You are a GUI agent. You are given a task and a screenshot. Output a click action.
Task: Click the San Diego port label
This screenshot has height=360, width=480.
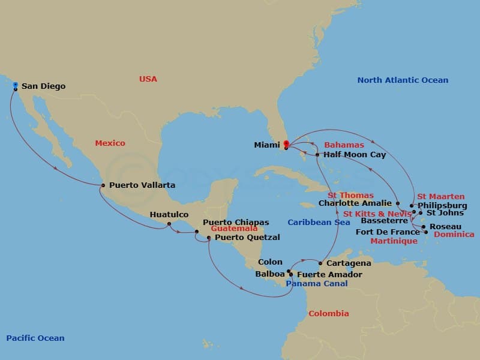tap(43, 86)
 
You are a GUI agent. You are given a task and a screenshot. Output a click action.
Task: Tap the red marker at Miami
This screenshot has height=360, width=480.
tap(286, 144)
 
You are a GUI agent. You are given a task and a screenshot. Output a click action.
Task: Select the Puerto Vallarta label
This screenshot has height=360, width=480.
tap(142, 185)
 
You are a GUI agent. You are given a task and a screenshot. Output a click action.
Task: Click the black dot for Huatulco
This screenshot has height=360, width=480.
tap(169, 224)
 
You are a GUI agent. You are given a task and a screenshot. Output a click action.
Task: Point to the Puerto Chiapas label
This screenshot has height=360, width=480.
tap(236, 222)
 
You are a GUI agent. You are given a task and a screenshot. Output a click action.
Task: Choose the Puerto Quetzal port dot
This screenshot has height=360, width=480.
tap(209, 238)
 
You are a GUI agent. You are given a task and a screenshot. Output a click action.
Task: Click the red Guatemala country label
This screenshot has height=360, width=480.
tap(234, 229)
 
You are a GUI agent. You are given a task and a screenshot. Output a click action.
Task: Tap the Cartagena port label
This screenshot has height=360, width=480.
tap(349, 263)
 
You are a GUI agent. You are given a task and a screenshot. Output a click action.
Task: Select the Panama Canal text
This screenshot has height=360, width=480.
tap(316, 284)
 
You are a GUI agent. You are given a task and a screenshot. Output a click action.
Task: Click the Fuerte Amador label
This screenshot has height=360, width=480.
tap(329, 275)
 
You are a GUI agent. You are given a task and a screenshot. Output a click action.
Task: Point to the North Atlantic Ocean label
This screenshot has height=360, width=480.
tap(403, 80)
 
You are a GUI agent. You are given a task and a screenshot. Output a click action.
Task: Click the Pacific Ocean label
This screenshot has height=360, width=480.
tap(35, 338)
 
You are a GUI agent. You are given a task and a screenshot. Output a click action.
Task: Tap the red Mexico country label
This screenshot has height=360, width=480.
tap(110, 143)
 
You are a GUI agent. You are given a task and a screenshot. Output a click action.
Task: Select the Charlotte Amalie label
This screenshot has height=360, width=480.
tap(355, 203)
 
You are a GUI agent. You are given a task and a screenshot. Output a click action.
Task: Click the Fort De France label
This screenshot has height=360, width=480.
tap(388, 232)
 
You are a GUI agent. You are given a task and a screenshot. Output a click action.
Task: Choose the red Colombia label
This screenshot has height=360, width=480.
tap(328, 314)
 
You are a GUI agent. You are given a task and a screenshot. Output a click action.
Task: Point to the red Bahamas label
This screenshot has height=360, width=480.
tap(344, 145)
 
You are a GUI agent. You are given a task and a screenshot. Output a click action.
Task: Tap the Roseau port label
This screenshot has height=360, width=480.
tap(446, 227)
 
